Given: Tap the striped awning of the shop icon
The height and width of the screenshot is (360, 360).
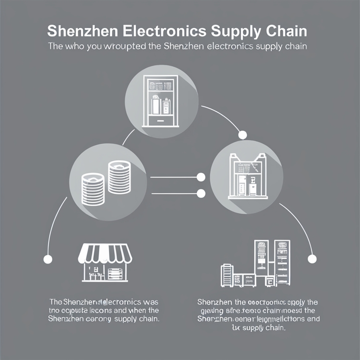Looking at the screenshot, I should tap(105, 253).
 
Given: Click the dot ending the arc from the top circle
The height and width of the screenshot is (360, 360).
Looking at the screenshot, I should tap(242, 135).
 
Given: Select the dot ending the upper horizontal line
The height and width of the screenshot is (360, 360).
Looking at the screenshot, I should tap(201, 177).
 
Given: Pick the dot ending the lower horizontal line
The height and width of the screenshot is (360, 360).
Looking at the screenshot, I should tap(201, 194).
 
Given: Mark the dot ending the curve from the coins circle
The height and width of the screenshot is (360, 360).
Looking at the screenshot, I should tap(48, 259).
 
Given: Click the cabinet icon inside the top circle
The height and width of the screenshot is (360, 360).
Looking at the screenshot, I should tap(161, 100).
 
